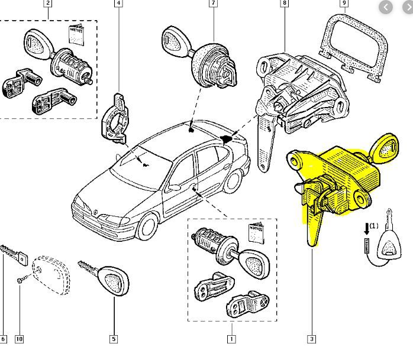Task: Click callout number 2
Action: click(48, 3)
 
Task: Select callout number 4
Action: click(119, 3)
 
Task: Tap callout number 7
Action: click(213, 3)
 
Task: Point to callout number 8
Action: click(285, 3)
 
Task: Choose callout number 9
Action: click(344, 3)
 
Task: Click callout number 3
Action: click(311, 339)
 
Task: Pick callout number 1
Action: click(231, 339)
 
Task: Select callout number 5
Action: click(113, 339)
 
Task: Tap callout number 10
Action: click(20, 339)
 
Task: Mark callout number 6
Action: click(4, 339)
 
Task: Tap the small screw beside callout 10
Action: click(21, 278)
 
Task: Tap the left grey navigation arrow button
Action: click(386, 7)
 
